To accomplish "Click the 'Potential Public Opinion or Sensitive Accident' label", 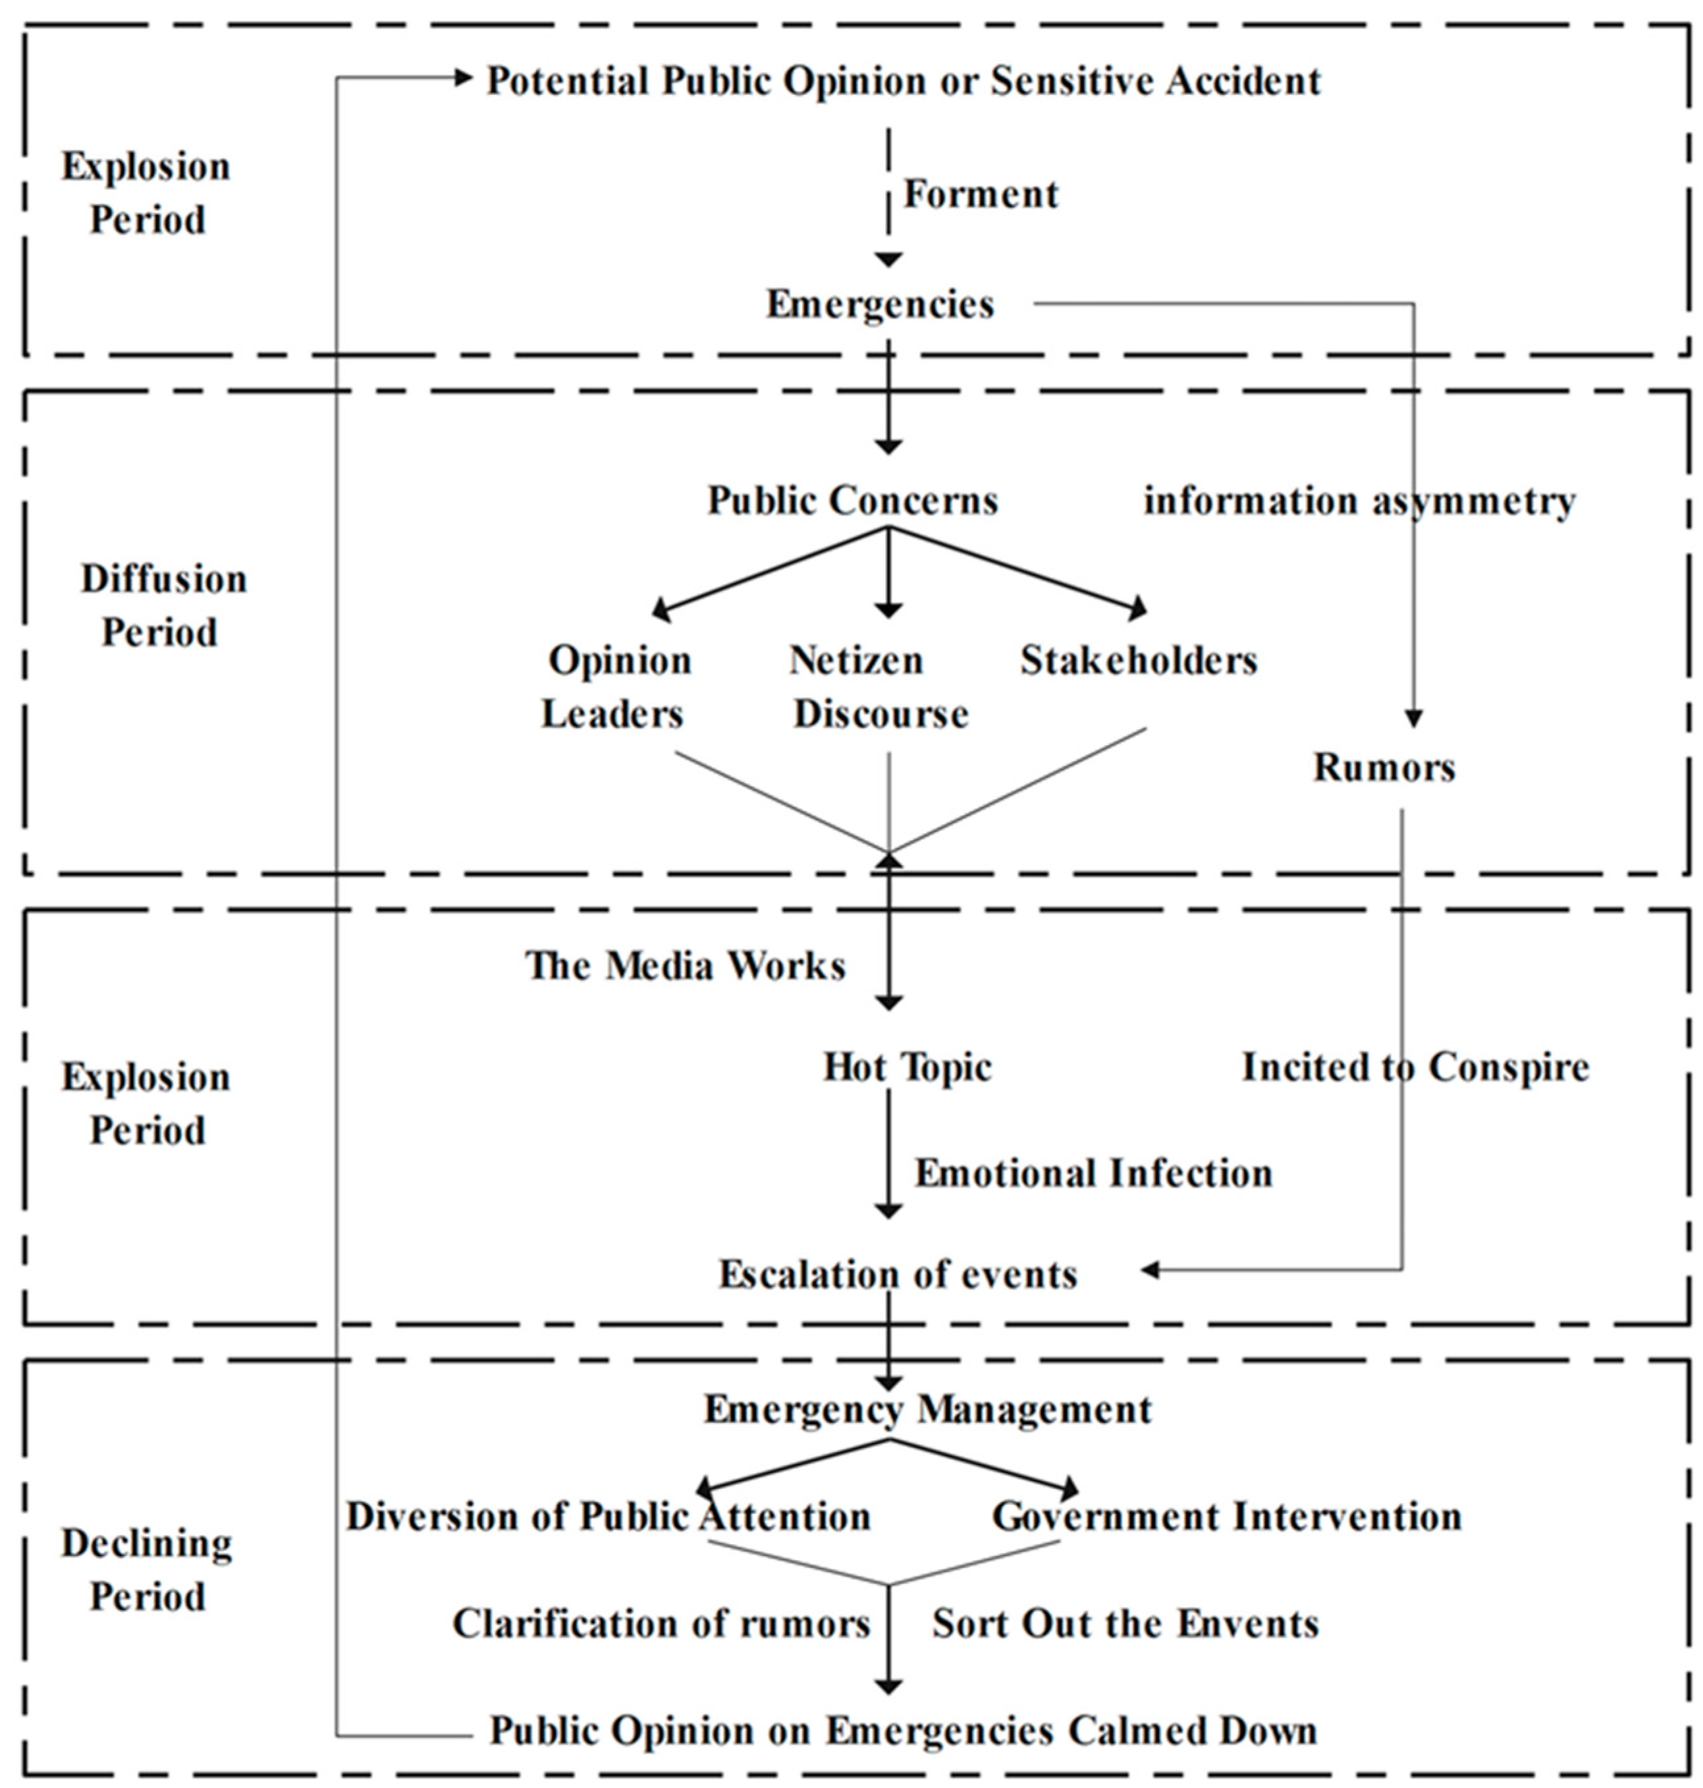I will point(904,82).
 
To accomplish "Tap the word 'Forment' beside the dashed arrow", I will point(981,194).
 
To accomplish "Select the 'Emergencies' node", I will point(880,304).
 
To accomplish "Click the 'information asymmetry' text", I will point(1359,500).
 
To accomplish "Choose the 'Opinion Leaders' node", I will point(617,686).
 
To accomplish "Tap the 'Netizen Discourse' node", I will point(879,686).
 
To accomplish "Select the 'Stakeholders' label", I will point(1139,660).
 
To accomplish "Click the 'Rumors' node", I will point(1384,768).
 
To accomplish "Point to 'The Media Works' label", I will point(686,965).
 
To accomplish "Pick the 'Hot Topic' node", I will point(906,1067).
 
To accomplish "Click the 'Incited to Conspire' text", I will point(1415,1067).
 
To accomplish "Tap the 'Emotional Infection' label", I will point(1092,1173).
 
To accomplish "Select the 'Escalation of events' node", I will point(897,1275).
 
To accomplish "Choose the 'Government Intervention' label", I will point(1226,1517).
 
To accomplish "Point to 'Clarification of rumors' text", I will point(661,1625).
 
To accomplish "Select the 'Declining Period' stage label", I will point(147,1570).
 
